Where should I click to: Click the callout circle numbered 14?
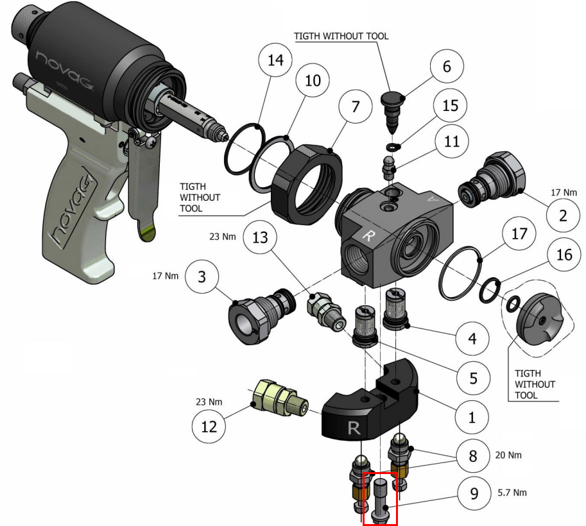275,62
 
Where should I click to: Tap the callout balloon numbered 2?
563,216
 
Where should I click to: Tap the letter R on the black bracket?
354,428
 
